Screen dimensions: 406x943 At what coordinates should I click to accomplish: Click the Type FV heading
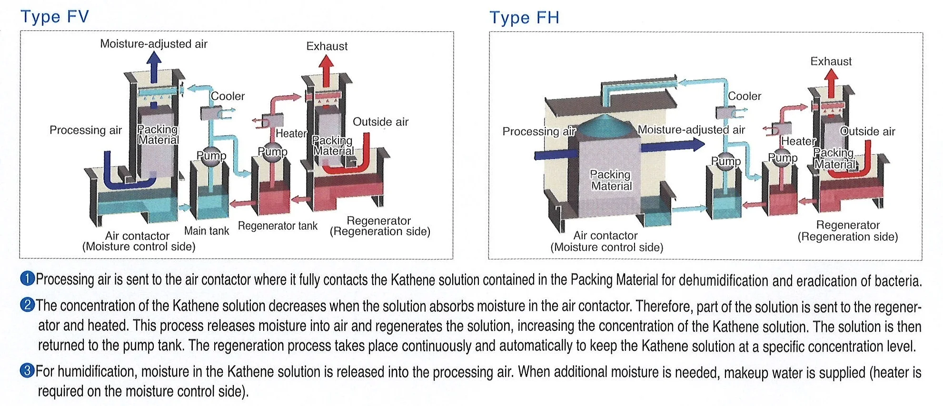click(x=54, y=17)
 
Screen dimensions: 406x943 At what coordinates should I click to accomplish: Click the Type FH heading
click(x=524, y=18)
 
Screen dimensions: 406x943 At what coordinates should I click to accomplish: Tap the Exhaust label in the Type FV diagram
click(x=327, y=46)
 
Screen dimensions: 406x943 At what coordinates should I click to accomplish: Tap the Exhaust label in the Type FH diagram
click(x=831, y=61)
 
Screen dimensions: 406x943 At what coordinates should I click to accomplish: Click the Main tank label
click(x=206, y=231)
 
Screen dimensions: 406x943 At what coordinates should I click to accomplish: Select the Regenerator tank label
click(x=278, y=226)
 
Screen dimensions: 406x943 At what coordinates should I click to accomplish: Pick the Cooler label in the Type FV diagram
click(x=228, y=96)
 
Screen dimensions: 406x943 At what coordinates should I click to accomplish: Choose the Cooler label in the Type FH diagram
click(x=744, y=96)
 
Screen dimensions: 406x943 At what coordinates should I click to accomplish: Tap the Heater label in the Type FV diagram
click(x=291, y=133)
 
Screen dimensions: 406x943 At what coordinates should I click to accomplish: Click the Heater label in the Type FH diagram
click(x=798, y=141)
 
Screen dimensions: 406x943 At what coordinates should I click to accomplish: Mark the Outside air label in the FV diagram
click(x=380, y=122)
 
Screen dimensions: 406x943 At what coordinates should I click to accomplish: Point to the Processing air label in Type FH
click(x=539, y=131)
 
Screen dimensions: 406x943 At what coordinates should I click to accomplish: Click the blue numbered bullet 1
click(x=28, y=278)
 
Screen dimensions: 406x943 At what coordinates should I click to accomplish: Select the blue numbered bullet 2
click(x=28, y=305)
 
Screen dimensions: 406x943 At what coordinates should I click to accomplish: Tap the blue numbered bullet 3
click(x=28, y=370)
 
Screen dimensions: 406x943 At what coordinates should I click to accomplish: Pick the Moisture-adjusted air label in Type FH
click(x=691, y=129)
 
